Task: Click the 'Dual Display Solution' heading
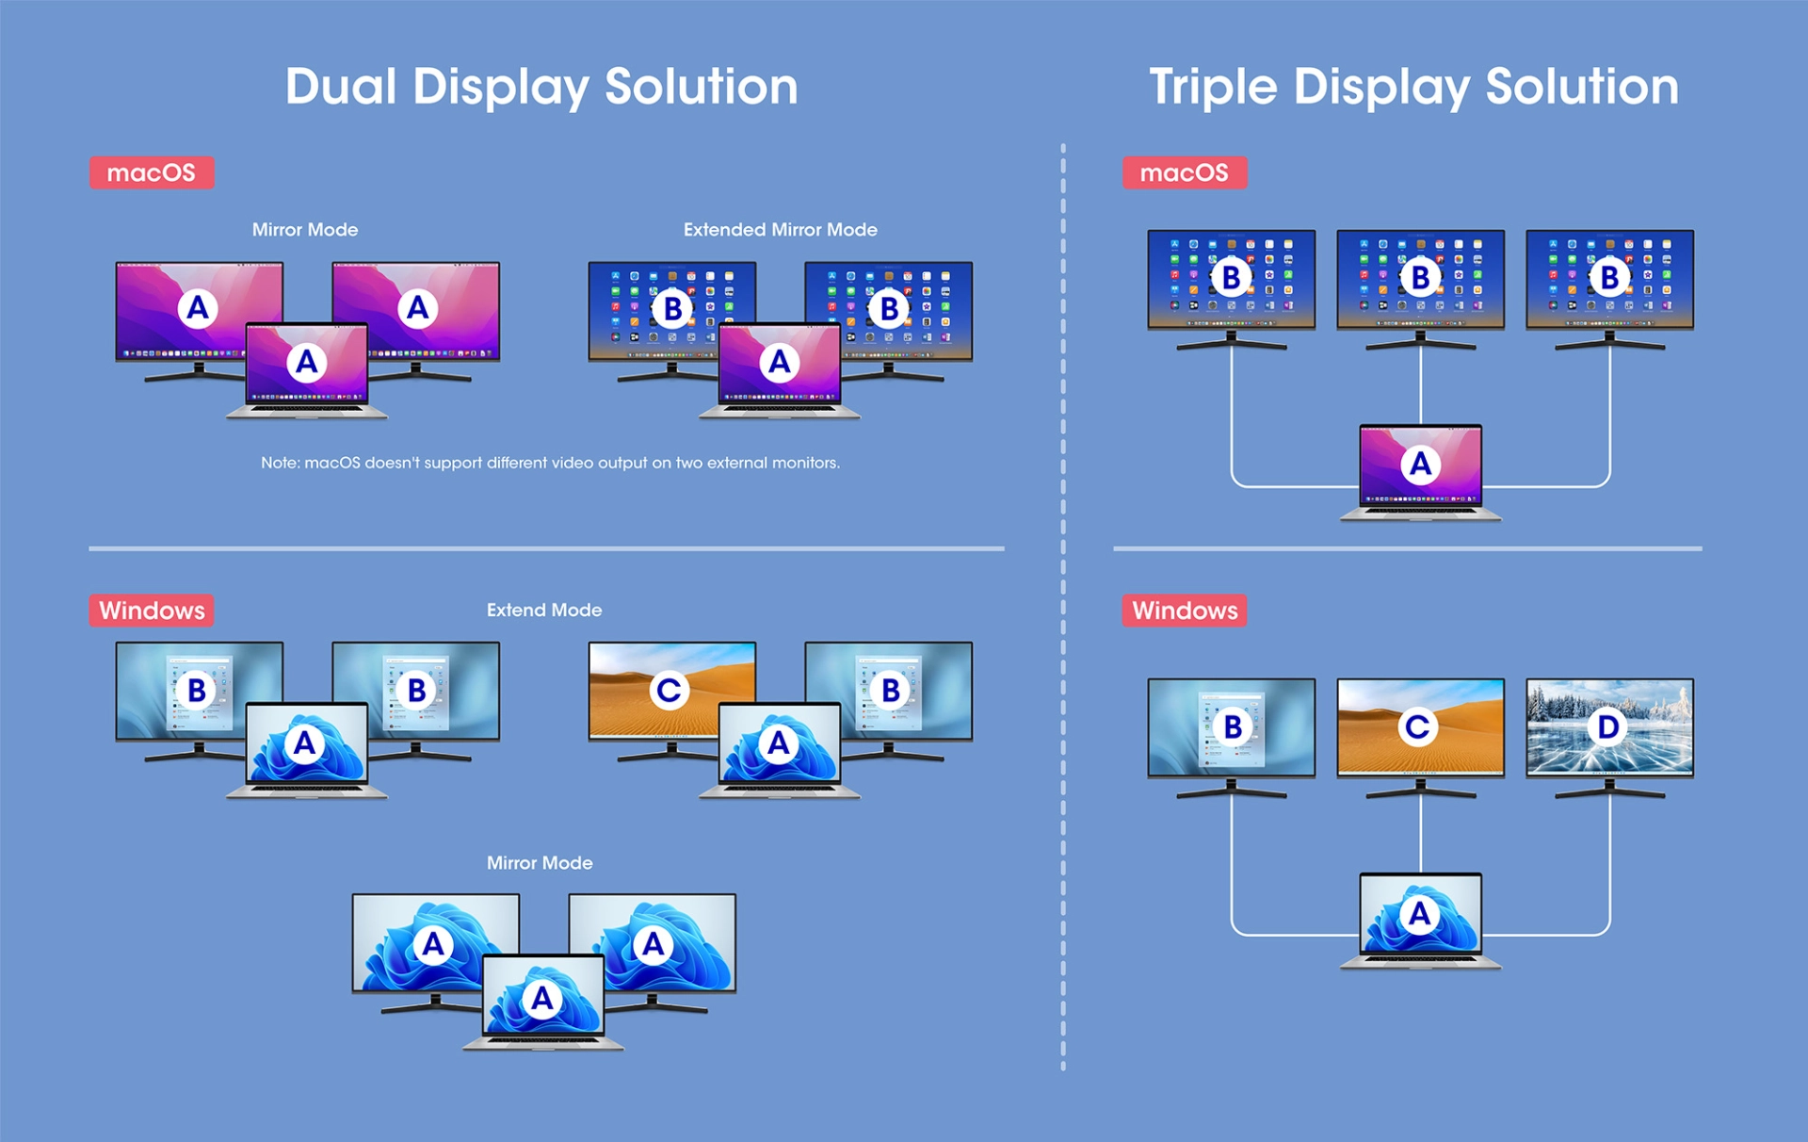(541, 88)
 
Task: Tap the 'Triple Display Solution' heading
(1413, 88)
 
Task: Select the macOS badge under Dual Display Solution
(152, 172)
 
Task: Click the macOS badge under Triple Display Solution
(1185, 172)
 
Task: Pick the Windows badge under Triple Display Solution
(1185, 611)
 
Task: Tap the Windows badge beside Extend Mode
(152, 611)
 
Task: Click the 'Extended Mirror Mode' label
(781, 230)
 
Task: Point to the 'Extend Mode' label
(544, 611)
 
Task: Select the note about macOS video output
(550, 463)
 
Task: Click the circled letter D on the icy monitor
(1608, 726)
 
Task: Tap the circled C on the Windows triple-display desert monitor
(1418, 726)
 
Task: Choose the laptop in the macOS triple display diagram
(1421, 472)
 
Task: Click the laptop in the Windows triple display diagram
(1421, 921)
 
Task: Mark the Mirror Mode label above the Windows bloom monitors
(540, 863)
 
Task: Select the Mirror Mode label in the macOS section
(305, 230)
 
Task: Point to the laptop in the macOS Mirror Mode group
(307, 370)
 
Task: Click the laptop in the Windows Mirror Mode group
(543, 1002)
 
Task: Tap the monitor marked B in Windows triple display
(1232, 738)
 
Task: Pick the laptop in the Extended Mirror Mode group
(780, 370)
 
